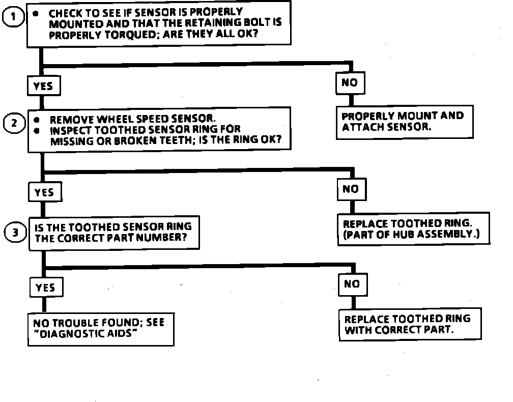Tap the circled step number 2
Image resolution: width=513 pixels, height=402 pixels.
click(14, 123)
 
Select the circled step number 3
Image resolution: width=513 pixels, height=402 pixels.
click(15, 233)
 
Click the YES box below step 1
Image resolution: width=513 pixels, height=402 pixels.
click(43, 86)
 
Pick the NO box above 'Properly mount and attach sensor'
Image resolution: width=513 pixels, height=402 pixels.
click(350, 82)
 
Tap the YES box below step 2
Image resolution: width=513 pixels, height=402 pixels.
click(44, 192)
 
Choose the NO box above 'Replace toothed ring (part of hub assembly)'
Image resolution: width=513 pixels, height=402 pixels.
click(351, 189)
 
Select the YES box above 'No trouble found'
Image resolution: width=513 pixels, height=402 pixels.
click(45, 288)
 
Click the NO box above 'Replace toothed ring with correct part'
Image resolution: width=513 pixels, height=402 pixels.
click(352, 284)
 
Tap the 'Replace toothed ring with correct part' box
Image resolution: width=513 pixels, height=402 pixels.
click(409, 324)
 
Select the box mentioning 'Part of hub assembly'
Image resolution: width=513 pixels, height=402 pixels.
click(413, 229)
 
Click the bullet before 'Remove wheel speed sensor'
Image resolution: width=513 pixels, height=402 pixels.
click(37, 120)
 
